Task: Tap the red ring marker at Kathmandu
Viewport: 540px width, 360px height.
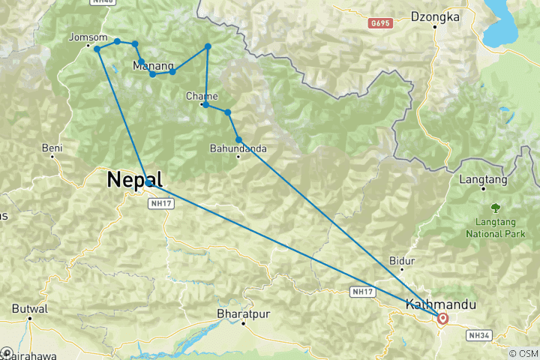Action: point(442,319)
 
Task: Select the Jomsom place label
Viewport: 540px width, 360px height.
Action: point(82,37)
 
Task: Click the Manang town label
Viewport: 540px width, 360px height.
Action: point(153,65)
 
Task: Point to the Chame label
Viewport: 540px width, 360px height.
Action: point(202,96)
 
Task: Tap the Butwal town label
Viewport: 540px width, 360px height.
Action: point(30,308)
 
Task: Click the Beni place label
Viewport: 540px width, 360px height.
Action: point(52,148)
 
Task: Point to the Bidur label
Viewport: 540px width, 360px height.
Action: point(402,261)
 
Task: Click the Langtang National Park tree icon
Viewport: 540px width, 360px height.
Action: point(495,207)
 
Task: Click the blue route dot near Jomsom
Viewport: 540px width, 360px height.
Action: point(97,49)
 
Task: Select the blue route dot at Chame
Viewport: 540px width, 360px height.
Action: point(205,105)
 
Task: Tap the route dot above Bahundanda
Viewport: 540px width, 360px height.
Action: point(238,139)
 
